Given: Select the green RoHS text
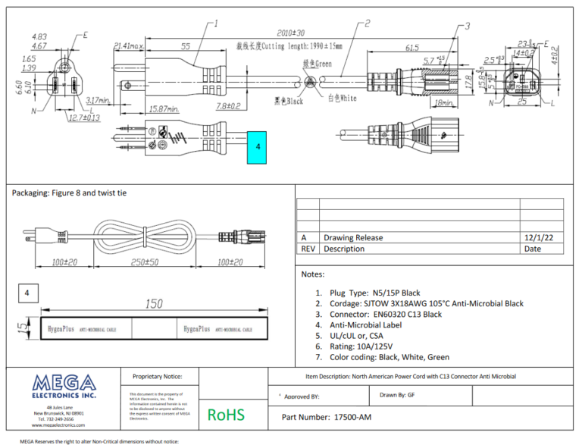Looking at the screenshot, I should (x=226, y=415).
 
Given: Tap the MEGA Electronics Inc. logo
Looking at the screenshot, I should (x=64, y=386).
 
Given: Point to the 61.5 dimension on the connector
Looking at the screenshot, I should (x=412, y=48).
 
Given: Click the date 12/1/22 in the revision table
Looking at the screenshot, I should (x=543, y=237).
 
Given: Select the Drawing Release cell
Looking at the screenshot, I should (x=352, y=237).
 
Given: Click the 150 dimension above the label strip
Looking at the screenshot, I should (x=154, y=304).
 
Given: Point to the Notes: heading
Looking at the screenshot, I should (x=313, y=274).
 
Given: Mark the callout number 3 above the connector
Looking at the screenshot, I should (x=467, y=26).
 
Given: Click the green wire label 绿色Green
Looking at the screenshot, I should (x=317, y=64).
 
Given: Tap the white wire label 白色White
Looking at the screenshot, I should (x=342, y=98).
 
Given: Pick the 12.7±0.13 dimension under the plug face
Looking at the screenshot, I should (x=83, y=118).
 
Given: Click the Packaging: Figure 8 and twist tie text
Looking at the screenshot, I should (x=70, y=193).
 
